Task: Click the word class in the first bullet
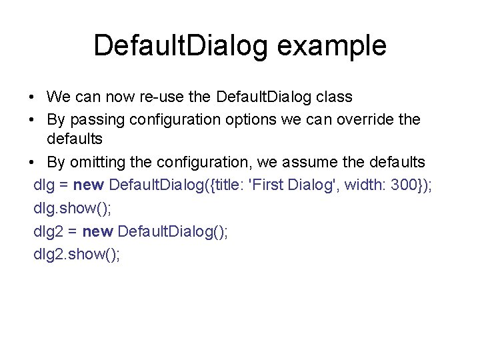(334, 97)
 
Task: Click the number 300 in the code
(404, 185)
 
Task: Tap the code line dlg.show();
(73, 208)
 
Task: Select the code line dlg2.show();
(77, 254)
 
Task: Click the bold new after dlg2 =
(99, 231)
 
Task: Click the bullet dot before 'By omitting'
(33, 163)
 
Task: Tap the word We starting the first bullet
(59, 97)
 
